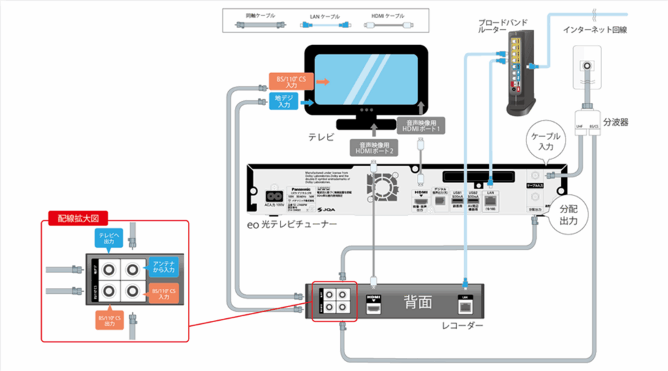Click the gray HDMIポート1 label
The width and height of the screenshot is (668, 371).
[x=421, y=126]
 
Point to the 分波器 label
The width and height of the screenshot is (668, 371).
[x=615, y=121]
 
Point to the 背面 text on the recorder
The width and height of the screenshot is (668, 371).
[x=418, y=301]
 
